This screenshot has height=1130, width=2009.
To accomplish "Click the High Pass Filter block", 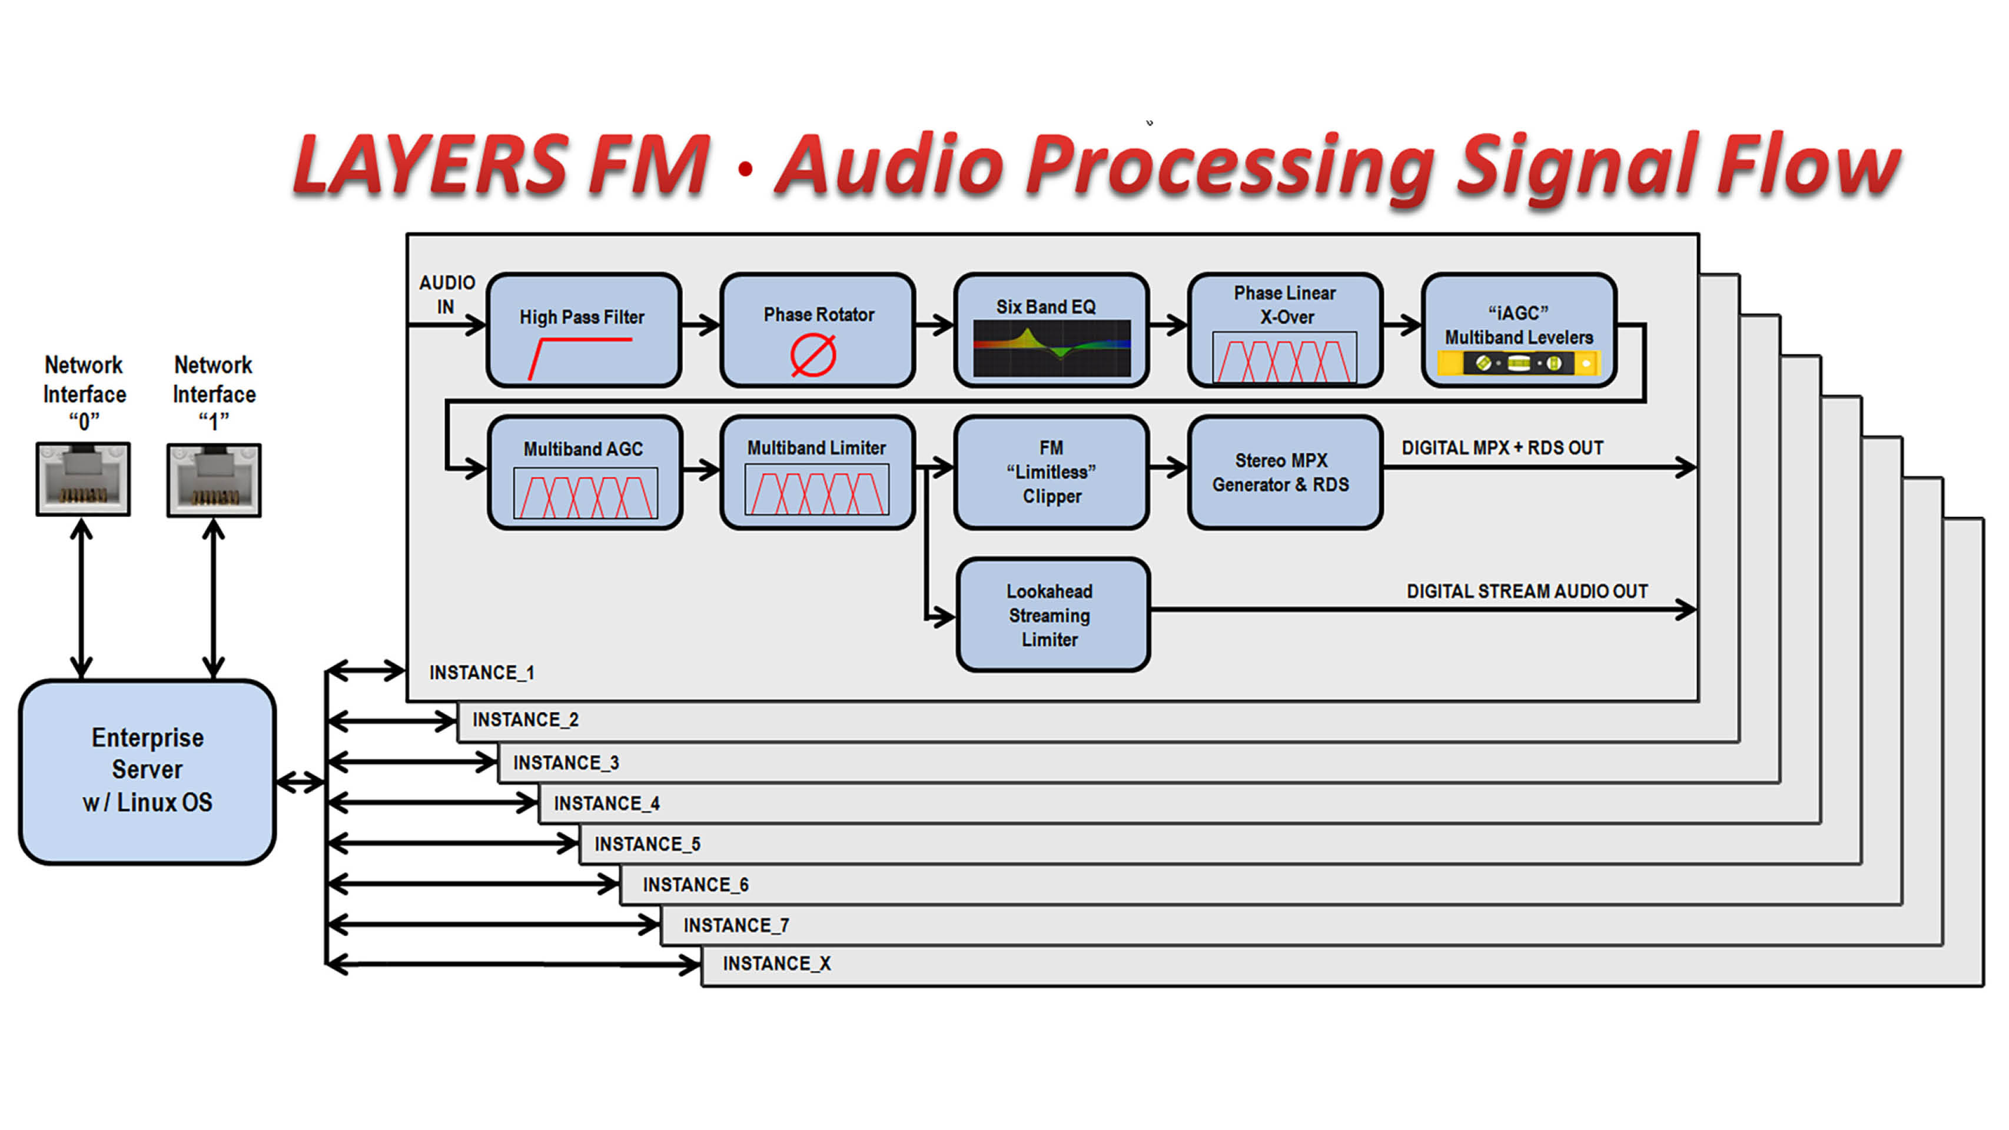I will click(x=583, y=330).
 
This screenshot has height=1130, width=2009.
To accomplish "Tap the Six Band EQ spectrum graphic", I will click(x=1051, y=348).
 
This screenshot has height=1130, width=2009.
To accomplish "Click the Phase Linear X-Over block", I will click(x=1284, y=330).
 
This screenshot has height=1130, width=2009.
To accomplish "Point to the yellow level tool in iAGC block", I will click(x=1519, y=363).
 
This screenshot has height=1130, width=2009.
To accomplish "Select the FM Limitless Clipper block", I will click(x=1051, y=473).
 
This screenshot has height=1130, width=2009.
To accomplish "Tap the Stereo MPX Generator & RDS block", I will click(x=1284, y=473).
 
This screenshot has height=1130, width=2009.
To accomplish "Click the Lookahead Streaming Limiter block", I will click(x=1052, y=615).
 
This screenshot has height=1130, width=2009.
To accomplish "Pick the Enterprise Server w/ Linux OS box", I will click(x=147, y=771).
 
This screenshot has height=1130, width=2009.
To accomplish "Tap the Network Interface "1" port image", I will click(x=214, y=480).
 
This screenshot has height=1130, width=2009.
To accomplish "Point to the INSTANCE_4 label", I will click(x=607, y=803).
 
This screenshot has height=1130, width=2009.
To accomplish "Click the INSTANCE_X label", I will click(x=777, y=964).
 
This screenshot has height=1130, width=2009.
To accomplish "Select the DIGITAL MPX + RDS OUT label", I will click(x=1502, y=448).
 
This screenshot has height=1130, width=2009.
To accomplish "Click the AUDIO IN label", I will click(x=447, y=294).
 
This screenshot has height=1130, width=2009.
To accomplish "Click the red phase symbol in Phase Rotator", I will click(x=813, y=355).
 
